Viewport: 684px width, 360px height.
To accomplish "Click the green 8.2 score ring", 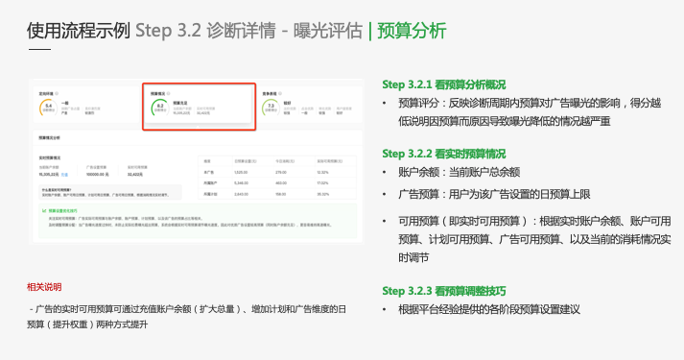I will [159, 109].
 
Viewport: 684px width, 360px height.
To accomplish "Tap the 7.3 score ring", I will [271, 109].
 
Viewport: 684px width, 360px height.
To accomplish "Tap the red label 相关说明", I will [45, 286].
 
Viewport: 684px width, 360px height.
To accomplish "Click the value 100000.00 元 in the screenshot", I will [97, 175].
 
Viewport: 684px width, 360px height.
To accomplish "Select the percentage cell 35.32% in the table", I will [323, 192].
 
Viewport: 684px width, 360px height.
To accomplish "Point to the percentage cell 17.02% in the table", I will [323, 181].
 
